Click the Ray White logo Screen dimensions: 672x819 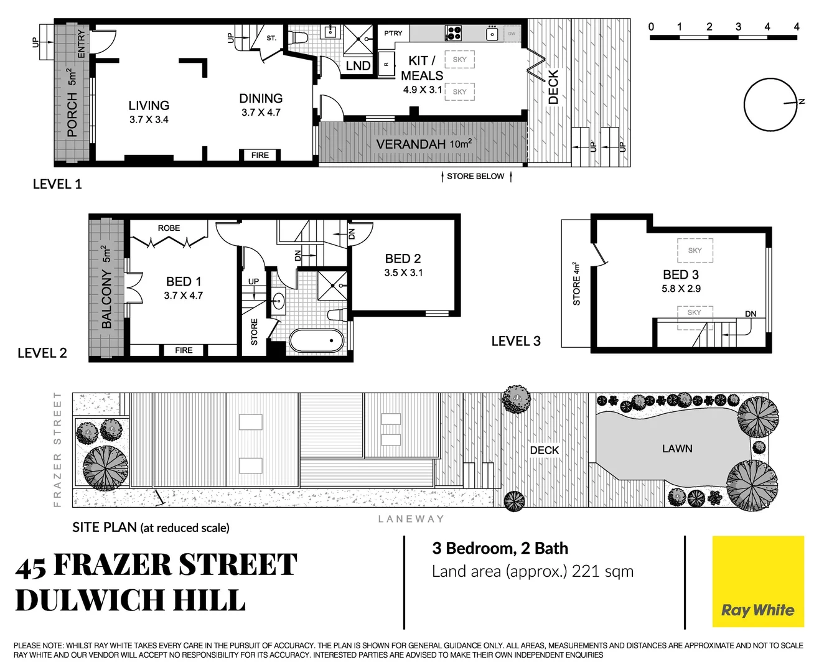(x=757, y=581)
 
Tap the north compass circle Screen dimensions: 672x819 (x=770, y=104)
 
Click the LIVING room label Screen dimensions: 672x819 (x=149, y=106)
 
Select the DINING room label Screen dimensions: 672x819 (x=261, y=98)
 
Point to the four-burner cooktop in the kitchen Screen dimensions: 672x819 (x=453, y=32)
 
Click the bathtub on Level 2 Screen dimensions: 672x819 (x=316, y=341)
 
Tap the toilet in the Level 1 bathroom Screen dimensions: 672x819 (x=298, y=36)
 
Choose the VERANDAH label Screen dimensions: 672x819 (x=411, y=144)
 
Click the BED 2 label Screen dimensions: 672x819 (x=403, y=258)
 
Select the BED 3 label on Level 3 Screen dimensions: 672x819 (x=681, y=274)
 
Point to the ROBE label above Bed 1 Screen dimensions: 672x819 (x=169, y=228)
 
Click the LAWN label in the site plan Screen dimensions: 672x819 (x=677, y=449)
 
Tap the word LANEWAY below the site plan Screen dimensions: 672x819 (x=411, y=519)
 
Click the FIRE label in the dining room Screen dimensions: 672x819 (x=260, y=156)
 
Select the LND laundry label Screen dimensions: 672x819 (x=358, y=66)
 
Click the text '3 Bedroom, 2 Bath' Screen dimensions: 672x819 (x=500, y=548)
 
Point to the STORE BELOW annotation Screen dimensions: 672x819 (x=475, y=177)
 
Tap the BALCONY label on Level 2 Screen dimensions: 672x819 (x=106, y=299)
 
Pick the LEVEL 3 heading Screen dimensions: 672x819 (x=516, y=341)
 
